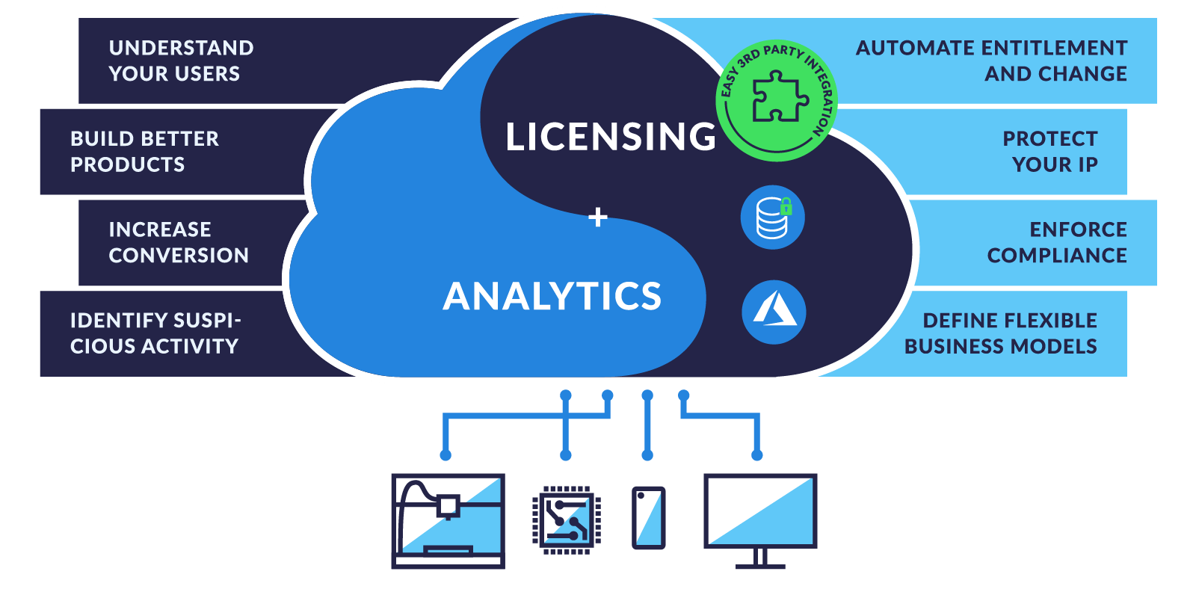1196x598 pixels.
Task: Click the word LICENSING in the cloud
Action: tap(610, 136)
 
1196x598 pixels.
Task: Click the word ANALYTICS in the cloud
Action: tap(552, 296)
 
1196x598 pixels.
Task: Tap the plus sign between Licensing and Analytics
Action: tap(597, 218)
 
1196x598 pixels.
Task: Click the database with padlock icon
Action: tap(773, 218)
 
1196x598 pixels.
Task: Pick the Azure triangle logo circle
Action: tap(774, 312)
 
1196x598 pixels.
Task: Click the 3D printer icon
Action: tap(448, 521)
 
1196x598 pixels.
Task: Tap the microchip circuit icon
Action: tap(567, 520)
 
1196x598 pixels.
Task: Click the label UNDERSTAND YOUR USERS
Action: tap(181, 61)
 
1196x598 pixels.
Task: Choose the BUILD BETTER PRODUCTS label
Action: tap(144, 152)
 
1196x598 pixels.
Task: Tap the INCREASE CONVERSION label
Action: tap(179, 242)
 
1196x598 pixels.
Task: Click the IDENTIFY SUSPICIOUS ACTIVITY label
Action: tap(155, 333)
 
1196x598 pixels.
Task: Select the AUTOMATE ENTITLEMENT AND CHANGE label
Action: tap(991, 61)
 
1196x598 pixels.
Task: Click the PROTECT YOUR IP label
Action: tap(1049, 152)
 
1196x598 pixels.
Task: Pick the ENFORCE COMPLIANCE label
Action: tap(1057, 242)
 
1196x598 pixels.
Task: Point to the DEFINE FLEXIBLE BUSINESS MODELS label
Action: tap(1001, 333)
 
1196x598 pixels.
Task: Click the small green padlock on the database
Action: tap(786, 206)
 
